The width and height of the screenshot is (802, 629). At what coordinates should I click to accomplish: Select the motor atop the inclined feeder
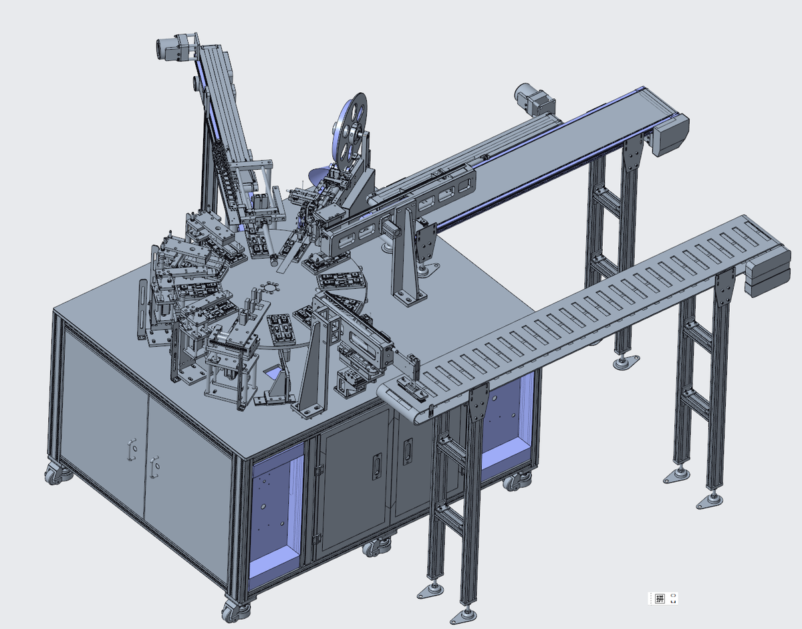(169, 49)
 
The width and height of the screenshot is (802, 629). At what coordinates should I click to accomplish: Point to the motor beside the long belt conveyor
(534, 98)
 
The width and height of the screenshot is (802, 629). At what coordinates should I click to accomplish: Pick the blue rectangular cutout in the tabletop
(275, 372)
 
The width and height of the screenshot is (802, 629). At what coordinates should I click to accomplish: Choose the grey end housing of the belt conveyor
(670, 135)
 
